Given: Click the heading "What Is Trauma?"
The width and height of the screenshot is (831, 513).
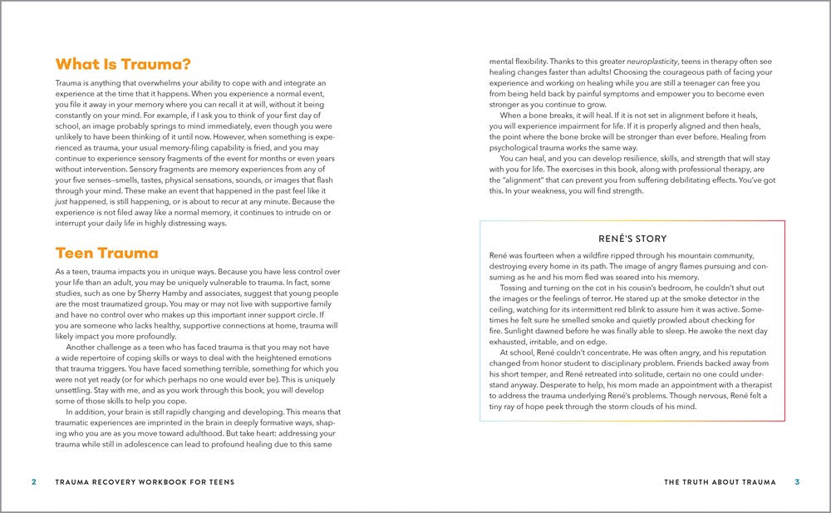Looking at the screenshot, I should [122, 64].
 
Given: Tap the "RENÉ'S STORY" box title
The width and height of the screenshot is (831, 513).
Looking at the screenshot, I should [632, 239].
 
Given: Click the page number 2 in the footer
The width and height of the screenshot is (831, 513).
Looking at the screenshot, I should [33, 481].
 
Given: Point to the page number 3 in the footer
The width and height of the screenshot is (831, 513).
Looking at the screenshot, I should [796, 481].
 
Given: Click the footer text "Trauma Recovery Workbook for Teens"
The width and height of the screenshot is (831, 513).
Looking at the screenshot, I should [145, 481].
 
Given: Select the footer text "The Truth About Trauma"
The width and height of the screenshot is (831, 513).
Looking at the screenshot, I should [720, 481].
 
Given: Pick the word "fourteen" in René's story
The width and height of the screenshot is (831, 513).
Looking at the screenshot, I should [539, 254].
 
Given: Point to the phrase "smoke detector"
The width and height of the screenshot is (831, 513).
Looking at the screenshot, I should [711, 298].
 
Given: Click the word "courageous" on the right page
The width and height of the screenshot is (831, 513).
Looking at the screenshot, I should [668, 72].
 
